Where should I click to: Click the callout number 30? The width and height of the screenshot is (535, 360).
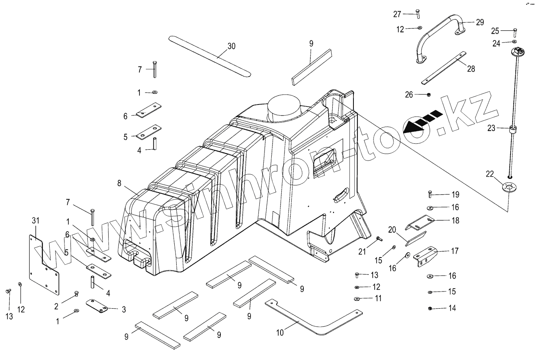coord(231,46)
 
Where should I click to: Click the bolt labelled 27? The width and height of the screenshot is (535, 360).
coord(417,14)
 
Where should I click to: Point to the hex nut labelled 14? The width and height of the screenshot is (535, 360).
coord(430,308)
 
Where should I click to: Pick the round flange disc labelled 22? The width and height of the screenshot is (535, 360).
coord(509,187)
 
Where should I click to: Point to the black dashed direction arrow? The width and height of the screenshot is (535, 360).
coord(421,122)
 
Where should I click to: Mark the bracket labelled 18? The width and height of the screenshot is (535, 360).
coord(421,222)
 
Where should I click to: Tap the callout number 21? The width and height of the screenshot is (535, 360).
coord(362,251)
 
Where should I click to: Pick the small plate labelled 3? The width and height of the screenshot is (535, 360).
coord(97,306)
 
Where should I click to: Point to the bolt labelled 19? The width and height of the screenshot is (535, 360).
coord(430,195)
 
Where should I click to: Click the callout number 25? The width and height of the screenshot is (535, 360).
coord(495,30)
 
